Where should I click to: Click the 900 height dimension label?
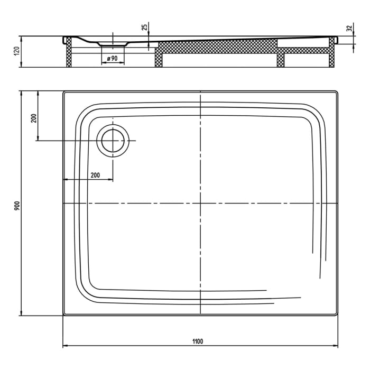(x=16, y=206)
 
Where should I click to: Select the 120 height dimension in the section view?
(x=16, y=51)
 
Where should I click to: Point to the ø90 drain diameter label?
(x=112, y=58)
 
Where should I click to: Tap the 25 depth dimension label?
(x=144, y=27)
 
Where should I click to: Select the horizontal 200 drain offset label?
(x=95, y=175)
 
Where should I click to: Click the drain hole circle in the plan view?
(x=112, y=141)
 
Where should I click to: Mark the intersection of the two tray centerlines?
(x=201, y=203)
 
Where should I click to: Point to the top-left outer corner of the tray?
(x=64, y=91)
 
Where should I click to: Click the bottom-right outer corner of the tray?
(x=337, y=315)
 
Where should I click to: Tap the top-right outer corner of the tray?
(x=337, y=91)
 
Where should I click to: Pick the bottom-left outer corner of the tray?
(x=64, y=315)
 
